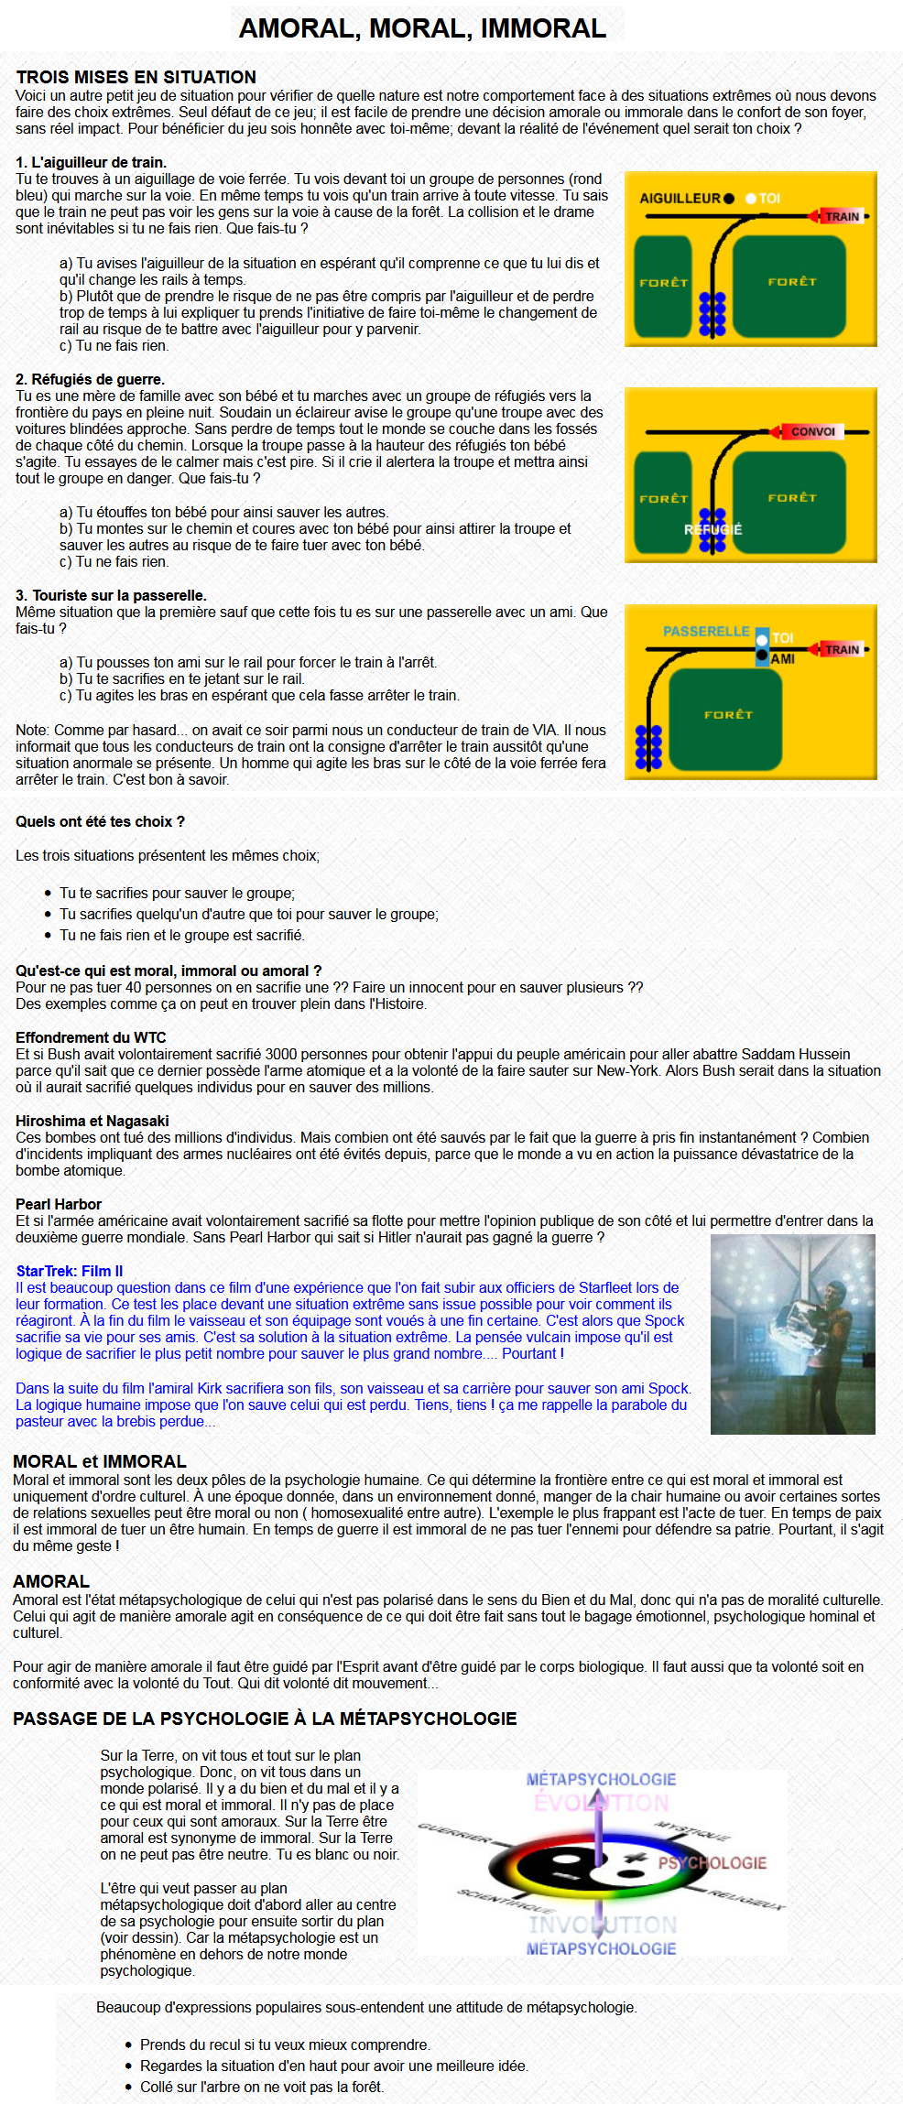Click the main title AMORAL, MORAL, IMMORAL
click(x=422, y=28)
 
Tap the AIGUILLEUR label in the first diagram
click(x=680, y=198)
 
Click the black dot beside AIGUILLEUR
click(x=728, y=198)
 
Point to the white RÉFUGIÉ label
click(x=713, y=529)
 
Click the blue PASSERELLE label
click(x=706, y=631)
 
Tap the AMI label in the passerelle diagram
click(x=782, y=658)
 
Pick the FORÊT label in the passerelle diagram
click(x=728, y=714)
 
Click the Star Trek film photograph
click(x=792, y=1333)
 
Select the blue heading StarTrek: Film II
click(x=70, y=1271)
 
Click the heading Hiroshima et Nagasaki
click(x=92, y=1121)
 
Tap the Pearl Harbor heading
click(x=59, y=1204)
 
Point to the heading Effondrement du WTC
click(x=91, y=1037)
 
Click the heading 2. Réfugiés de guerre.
click(x=90, y=379)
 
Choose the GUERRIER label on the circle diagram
click(x=454, y=1833)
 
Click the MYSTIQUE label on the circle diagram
click(x=691, y=1831)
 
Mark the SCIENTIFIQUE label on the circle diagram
click(x=505, y=1902)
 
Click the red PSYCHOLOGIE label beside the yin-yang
click(x=712, y=1863)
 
